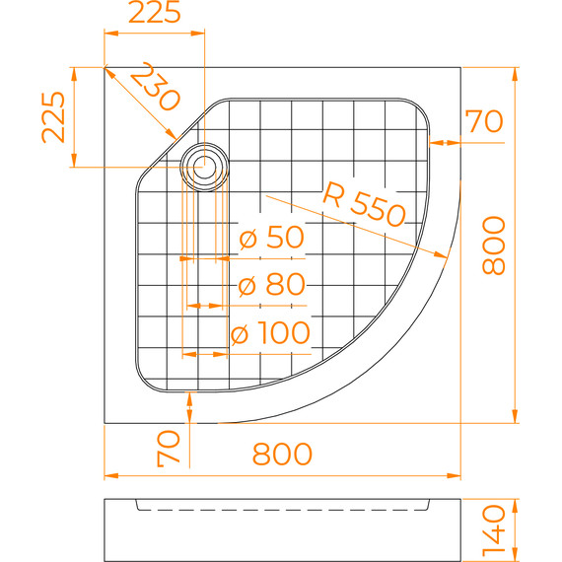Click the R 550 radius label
[364, 205]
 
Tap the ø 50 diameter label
[272, 237]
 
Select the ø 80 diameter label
[272, 285]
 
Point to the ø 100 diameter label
[270, 332]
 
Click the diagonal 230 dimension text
[155, 87]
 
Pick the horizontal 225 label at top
[155, 12]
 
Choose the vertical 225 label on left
[53, 117]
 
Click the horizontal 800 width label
[282, 454]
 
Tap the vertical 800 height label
[494, 246]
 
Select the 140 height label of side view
[494, 533]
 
